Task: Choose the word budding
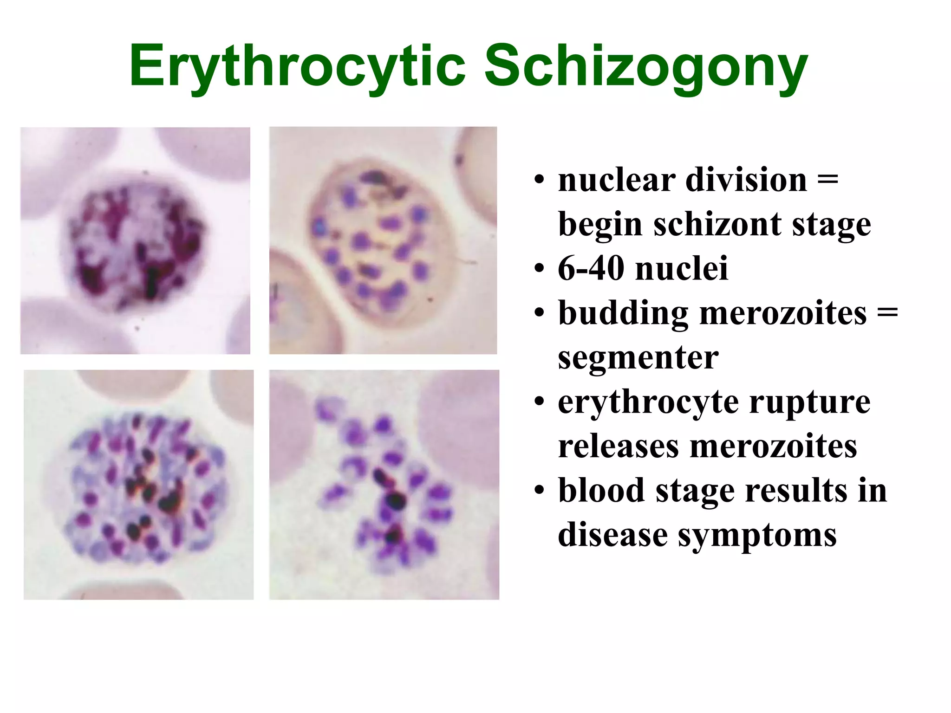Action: coord(623,313)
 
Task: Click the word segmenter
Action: coord(638,358)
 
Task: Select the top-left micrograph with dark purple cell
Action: coord(135,240)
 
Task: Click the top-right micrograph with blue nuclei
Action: coord(383,240)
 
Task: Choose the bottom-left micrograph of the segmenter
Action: coord(138,485)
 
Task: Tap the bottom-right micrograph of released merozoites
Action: coord(384,485)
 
